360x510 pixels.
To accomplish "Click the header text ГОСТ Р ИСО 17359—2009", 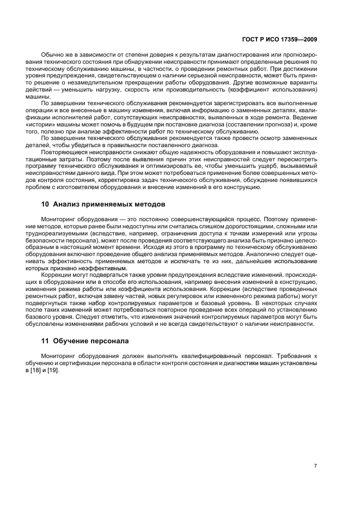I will click(x=279, y=39).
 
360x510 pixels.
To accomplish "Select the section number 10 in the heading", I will click(x=46, y=204).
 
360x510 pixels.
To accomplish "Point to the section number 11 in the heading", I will click(x=46, y=341).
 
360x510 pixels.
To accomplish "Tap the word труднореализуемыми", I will click(x=66, y=233).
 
